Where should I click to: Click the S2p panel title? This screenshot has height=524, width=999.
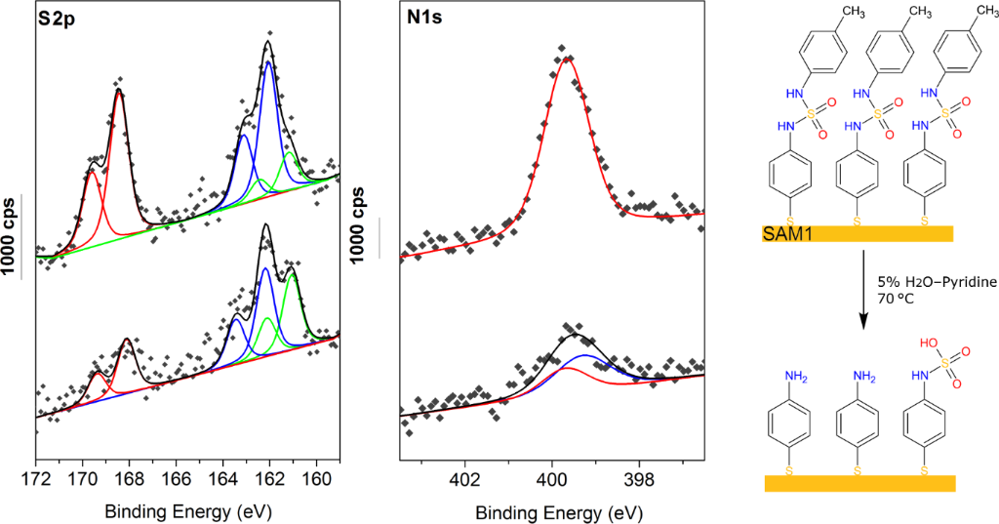pos(58,19)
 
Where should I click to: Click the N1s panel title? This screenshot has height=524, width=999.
pos(424,19)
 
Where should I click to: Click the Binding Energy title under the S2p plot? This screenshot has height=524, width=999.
pos(187,510)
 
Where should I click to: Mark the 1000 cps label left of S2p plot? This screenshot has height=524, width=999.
pos(12,234)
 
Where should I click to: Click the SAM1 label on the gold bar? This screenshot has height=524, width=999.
pos(783,233)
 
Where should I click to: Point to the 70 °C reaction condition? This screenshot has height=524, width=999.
pos(898,301)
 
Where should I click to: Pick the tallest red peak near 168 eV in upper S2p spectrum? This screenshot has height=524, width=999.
pos(119,93)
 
